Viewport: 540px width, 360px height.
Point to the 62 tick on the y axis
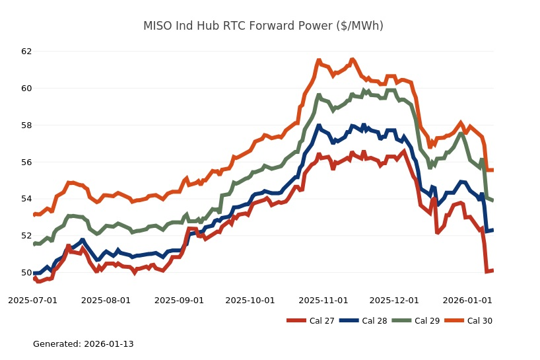pyautogui.click(x=26, y=52)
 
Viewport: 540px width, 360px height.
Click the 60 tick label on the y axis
pyautogui.click(x=26, y=89)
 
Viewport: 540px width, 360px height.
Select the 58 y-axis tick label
pyautogui.click(x=26, y=126)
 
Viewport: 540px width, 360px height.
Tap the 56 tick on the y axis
pyautogui.click(x=26, y=162)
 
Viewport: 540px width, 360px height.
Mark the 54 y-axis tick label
pyautogui.click(x=26, y=199)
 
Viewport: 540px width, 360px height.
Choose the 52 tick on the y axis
pyautogui.click(x=26, y=236)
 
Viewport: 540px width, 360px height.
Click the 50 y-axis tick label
pyautogui.click(x=26, y=273)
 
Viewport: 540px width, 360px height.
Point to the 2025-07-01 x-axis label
pyautogui.click(x=33, y=300)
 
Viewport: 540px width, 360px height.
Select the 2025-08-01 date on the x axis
pyautogui.click(x=106, y=300)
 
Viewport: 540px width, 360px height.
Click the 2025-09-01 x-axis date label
pyautogui.click(x=179, y=300)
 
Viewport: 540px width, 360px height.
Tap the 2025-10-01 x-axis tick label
pyautogui.click(x=250, y=300)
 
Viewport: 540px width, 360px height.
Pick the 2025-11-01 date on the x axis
pyautogui.click(x=323, y=300)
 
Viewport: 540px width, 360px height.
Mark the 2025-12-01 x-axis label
pyautogui.click(x=393, y=300)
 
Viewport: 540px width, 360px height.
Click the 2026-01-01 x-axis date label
pyautogui.click(x=467, y=300)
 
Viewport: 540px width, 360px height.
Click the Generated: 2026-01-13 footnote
pyautogui.click(x=83, y=344)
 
